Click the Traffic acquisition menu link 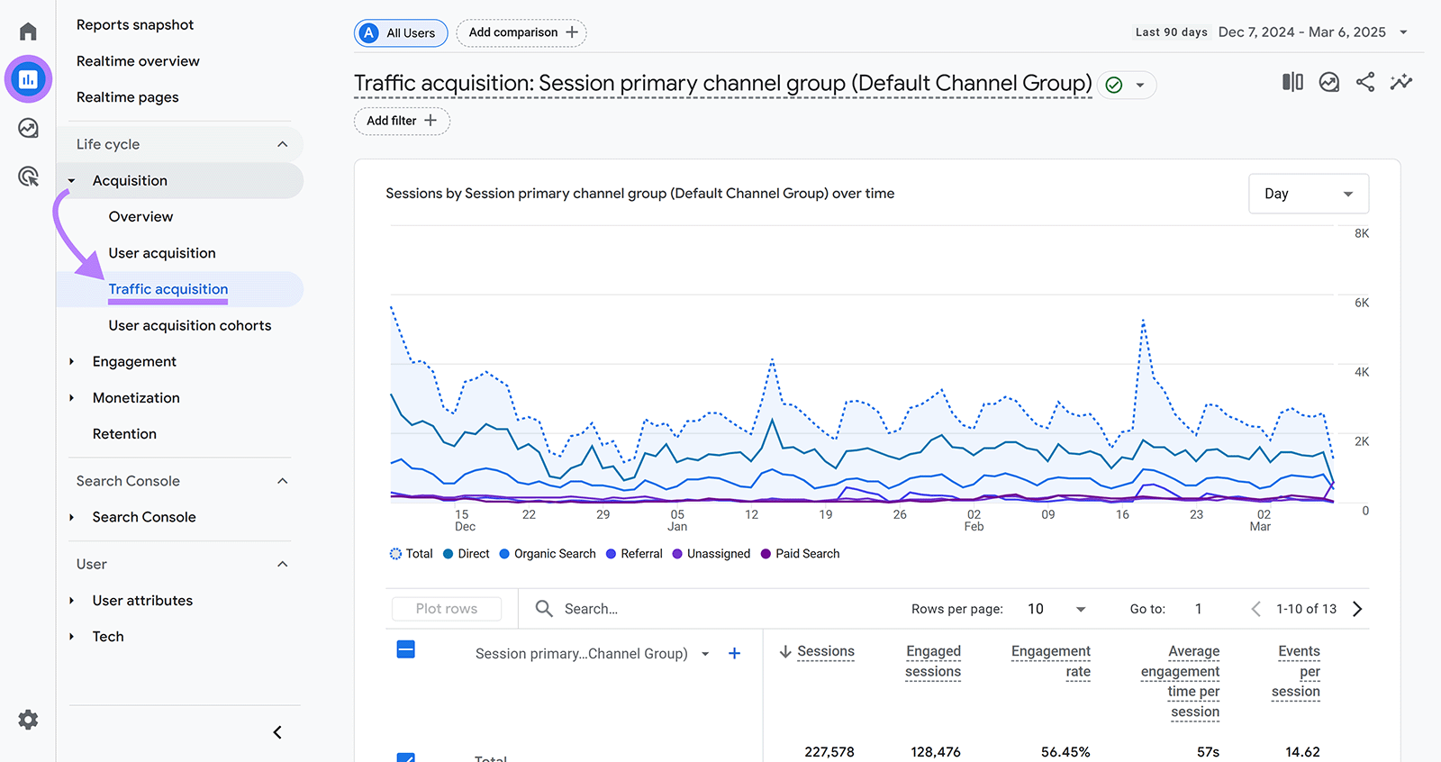click(168, 289)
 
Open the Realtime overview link click(138, 61)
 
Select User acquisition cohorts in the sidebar click(190, 325)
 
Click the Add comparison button click(521, 32)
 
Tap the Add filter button click(402, 121)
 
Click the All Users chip click(401, 33)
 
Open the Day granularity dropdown click(1308, 194)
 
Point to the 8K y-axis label click(1361, 233)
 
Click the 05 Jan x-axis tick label click(677, 521)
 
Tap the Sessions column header click(825, 651)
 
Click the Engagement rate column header click(1051, 661)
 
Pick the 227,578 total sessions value click(829, 751)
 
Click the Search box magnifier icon click(544, 609)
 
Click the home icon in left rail click(28, 32)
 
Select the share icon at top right click(1365, 83)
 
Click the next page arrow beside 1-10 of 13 click(1357, 609)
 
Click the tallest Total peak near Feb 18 click(1143, 320)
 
